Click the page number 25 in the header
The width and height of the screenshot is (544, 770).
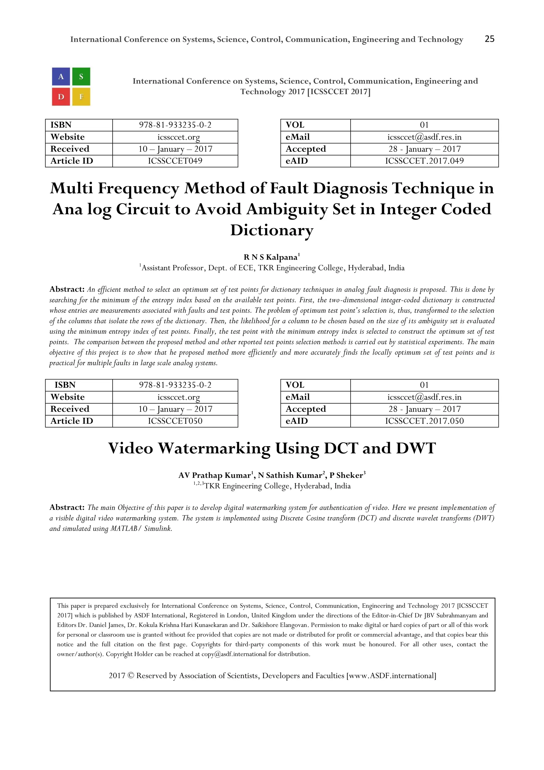point(489,39)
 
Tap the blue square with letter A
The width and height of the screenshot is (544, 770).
point(61,77)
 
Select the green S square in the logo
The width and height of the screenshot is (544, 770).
point(81,77)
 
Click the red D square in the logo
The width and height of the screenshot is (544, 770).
point(61,97)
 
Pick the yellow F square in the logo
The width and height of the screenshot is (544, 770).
point(81,97)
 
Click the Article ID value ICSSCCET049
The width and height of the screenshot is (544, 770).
point(175,161)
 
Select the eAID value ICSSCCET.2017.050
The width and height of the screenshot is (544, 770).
point(424,421)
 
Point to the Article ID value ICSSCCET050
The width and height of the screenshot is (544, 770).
point(175,421)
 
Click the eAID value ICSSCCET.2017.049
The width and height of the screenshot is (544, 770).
point(424,161)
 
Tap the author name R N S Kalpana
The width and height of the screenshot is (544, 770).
point(270,257)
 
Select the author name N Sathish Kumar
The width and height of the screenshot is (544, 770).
point(290,475)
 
